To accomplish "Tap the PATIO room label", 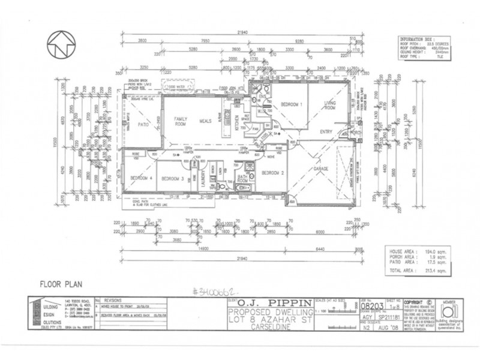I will [143, 125].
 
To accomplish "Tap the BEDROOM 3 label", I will [172, 179].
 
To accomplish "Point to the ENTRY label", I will [327, 132].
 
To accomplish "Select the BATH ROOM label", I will [242, 178].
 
